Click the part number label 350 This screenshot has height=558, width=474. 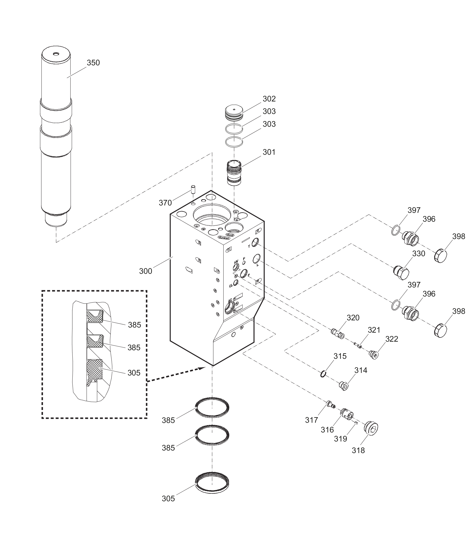point(93,63)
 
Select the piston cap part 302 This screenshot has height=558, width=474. point(234,113)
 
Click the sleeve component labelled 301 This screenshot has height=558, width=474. point(234,173)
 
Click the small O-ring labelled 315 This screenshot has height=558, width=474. point(324,374)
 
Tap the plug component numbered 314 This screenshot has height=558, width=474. point(344,386)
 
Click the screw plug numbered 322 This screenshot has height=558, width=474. point(374,354)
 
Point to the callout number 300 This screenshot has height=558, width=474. point(146,271)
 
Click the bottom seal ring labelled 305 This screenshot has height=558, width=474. point(212,482)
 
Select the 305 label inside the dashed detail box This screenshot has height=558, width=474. point(134,373)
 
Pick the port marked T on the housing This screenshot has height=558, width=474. point(255,242)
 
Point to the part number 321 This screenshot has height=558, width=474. point(374,330)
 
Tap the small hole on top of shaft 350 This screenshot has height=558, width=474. point(56,54)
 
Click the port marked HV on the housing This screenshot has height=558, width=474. point(236,267)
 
